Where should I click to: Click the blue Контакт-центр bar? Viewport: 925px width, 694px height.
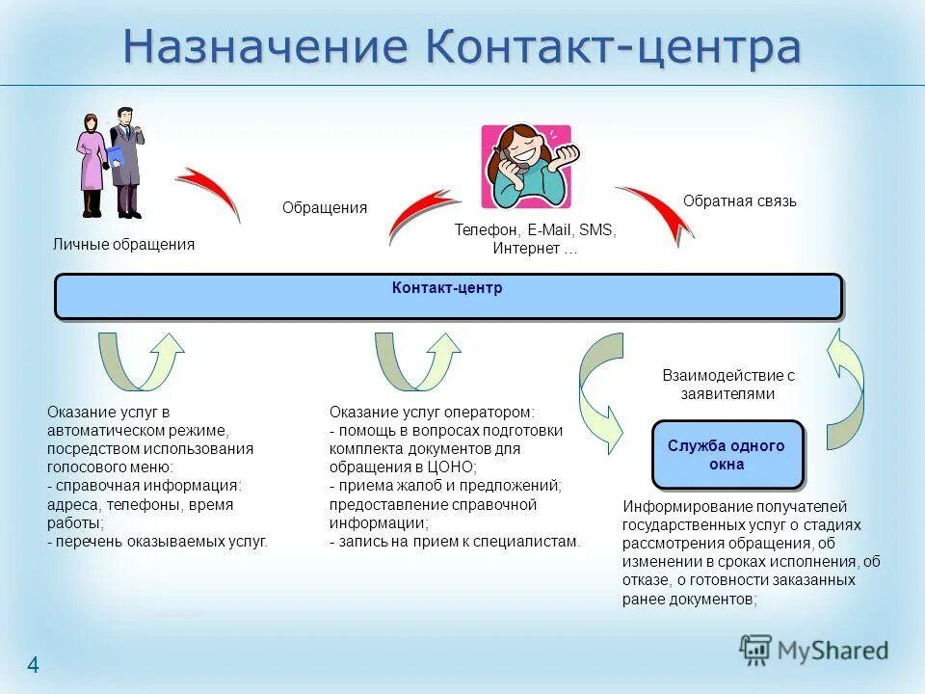(x=448, y=296)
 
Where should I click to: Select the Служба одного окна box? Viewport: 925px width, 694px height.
(x=727, y=455)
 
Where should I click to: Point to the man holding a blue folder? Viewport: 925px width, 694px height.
(x=125, y=162)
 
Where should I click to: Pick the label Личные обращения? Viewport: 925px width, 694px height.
(x=123, y=245)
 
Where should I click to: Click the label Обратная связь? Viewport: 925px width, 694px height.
(x=739, y=201)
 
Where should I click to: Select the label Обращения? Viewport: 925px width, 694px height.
(x=324, y=208)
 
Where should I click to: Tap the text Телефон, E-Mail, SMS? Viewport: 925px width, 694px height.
(x=535, y=230)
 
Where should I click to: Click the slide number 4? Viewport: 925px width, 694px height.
(x=33, y=665)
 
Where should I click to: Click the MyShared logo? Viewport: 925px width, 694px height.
(x=814, y=651)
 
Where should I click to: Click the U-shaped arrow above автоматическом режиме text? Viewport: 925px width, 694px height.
(x=141, y=362)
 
